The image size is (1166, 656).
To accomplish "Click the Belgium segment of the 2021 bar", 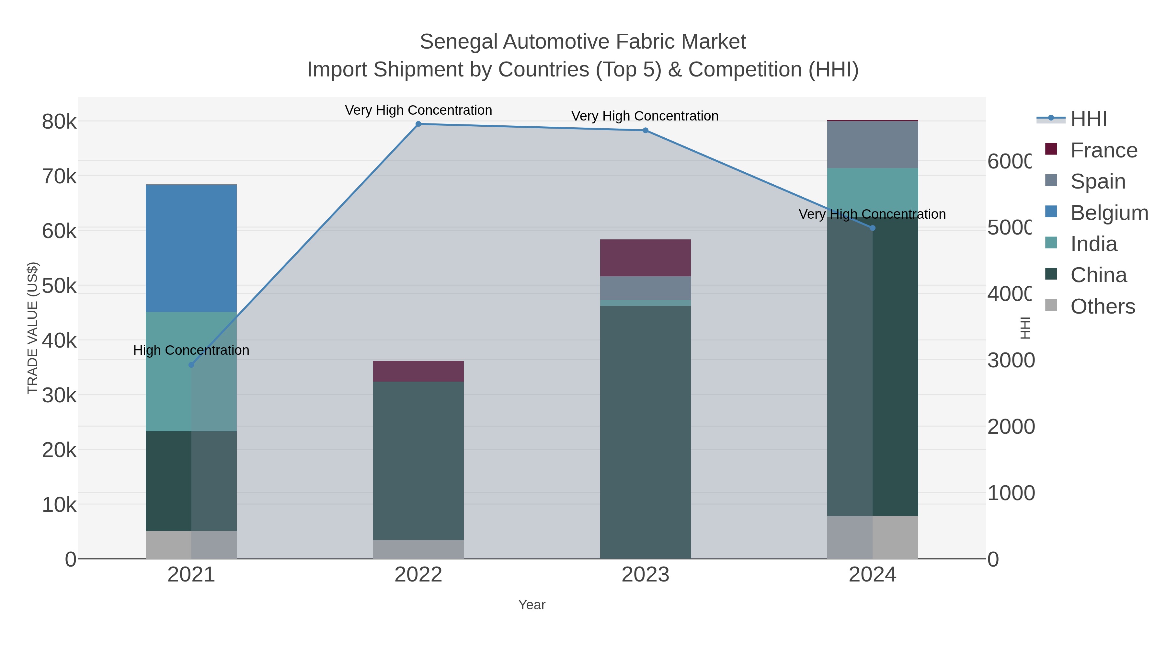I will pyautogui.click(x=191, y=248).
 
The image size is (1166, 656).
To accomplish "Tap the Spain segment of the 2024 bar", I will pyautogui.click(x=872, y=144).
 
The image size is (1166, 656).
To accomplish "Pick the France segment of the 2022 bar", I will pyautogui.click(x=418, y=371).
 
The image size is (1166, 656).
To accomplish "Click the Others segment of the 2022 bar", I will pyautogui.click(x=418, y=549).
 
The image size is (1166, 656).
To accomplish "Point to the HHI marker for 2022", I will pyautogui.click(x=418, y=124).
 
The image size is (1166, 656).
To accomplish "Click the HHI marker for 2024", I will pyautogui.click(x=873, y=228).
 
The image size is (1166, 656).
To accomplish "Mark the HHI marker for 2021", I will pyautogui.click(x=191, y=364).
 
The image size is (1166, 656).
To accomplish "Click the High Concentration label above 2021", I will pyautogui.click(x=191, y=350).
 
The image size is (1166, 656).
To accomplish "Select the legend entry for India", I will pyautogui.click(x=1093, y=244).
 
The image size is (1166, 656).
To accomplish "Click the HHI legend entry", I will pyautogui.click(x=1088, y=119).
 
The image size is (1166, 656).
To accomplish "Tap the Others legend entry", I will pyautogui.click(x=1102, y=306).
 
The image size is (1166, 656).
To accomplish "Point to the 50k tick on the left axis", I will pyautogui.click(x=59, y=286).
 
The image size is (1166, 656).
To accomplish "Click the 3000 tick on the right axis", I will pyautogui.click(x=1010, y=360).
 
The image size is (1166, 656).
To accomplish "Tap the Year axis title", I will pyautogui.click(x=532, y=604).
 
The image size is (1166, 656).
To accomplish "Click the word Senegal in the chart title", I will pyautogui.click(x=458, y=42).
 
